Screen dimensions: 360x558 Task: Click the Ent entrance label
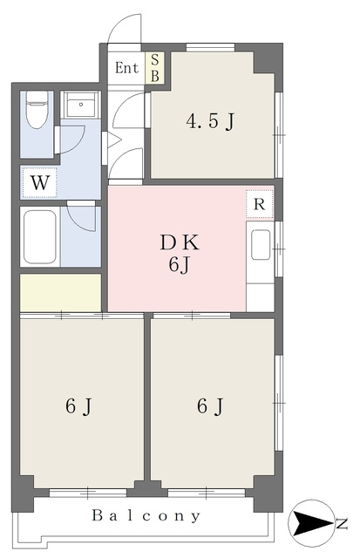[x=126, y=68]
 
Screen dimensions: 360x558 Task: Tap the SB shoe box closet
[x=155, y=68]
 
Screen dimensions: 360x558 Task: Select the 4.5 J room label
[x=210, y=122]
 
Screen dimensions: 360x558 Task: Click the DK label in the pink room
[x=180, y=243]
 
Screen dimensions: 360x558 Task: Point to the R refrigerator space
[x=260, y=204]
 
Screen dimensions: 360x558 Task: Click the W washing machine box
[x=39, y=182]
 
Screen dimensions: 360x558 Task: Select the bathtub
[x=40, y=236]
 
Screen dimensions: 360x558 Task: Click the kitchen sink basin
[x=261, y=244]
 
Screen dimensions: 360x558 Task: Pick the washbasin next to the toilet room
[x=81, y=105]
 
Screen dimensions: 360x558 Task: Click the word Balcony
[x=146, y=515]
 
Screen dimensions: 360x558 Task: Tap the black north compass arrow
[x=311, y=523]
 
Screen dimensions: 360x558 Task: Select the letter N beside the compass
[x=342, y=523]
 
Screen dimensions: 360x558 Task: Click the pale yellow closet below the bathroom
[x=60, y=293]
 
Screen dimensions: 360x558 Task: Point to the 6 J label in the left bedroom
[x=78, y=406]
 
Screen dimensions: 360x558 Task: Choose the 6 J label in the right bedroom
[x=210, y=406]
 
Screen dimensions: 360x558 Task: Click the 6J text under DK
[x=178, y=265]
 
